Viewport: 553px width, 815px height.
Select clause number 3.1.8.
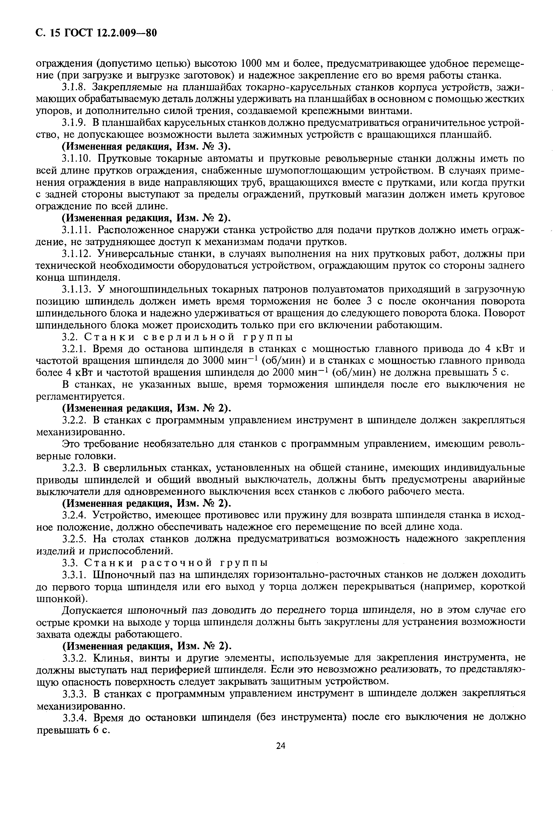(x=74, y=87)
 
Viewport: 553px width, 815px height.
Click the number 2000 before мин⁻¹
(x=286, y=373)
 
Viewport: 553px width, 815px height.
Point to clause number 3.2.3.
(x=74, y=468)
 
